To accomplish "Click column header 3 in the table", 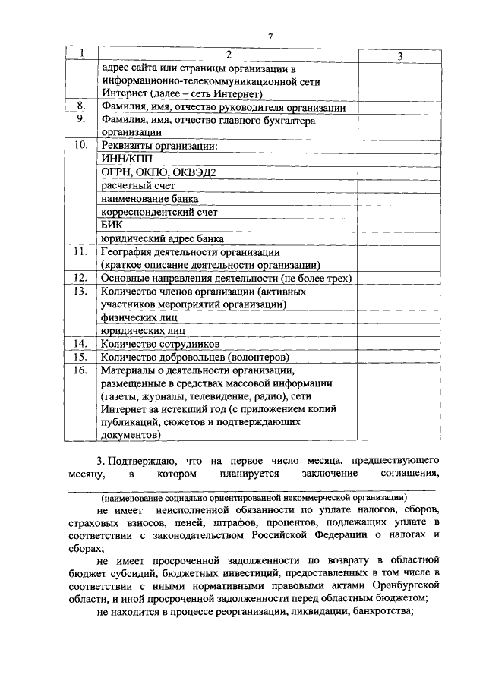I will coord(399,57).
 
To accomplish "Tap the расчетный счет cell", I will coord(137,185).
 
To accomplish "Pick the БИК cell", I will coord(112,225).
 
